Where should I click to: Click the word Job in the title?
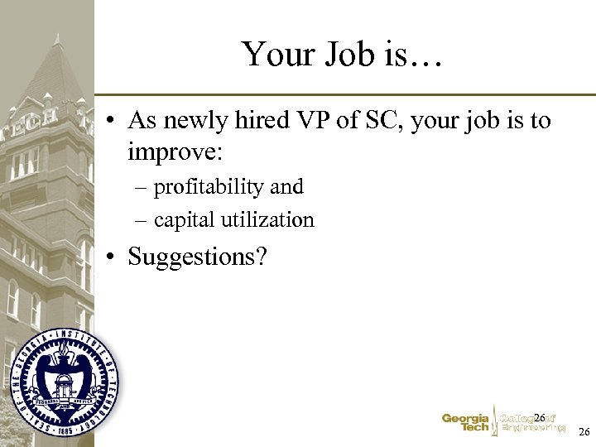348,55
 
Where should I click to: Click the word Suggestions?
197,257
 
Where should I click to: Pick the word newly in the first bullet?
195,121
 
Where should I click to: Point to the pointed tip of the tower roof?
56,36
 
